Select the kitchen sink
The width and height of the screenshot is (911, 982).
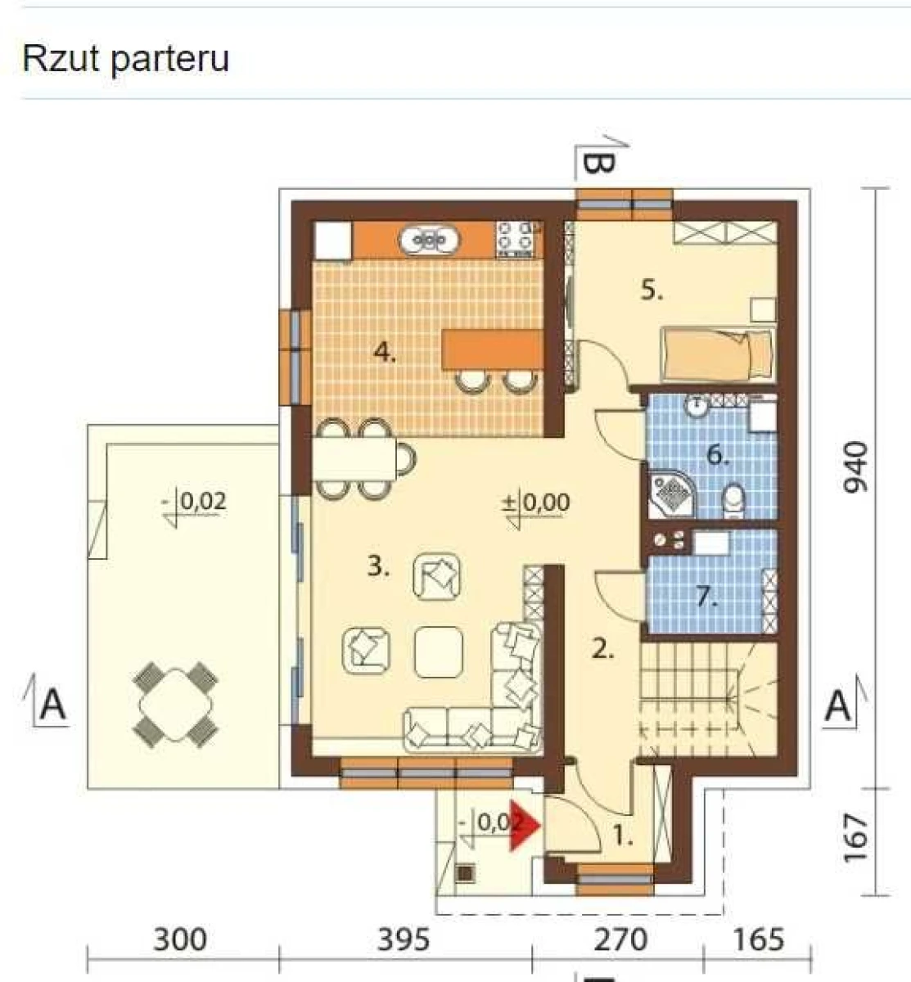click(429, 241)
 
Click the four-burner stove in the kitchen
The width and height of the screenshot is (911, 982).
click(516, 240)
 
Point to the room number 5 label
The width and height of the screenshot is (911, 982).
click(652, 291)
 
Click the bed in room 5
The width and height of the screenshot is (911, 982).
click(717, 354)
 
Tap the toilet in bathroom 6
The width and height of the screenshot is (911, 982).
click(733, 501)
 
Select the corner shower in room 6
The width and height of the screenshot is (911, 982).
click(672, 495)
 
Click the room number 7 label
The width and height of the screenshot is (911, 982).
click(707, 598)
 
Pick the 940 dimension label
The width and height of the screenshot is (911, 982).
click(855, 467)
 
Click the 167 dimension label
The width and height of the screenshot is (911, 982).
click(855, 838)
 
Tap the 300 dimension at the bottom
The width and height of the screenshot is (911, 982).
click(179, 939)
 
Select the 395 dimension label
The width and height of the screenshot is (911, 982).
click(404, 939)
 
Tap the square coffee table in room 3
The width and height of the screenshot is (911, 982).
click(439, 651)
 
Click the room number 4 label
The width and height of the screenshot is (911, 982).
click(385, 353)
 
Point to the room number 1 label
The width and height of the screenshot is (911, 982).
click(623, 836)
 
